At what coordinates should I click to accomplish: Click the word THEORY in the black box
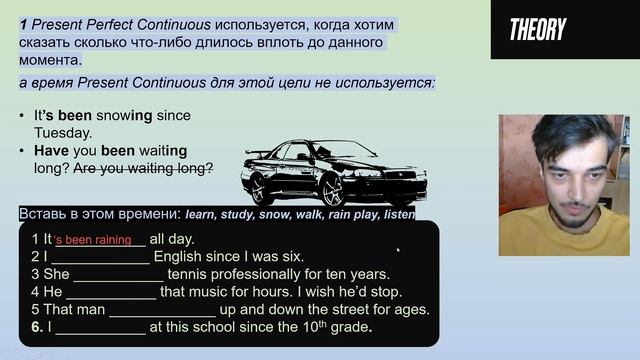click(x=538, y=30)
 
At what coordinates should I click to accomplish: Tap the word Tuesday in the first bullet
click(x=61, y=132)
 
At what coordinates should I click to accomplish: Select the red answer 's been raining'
click(x=93, y=240)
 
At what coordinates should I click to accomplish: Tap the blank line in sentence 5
click(x=161, y=311)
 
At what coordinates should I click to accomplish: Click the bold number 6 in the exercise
click(x=36, y=327)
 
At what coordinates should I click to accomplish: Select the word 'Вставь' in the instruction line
click(x=41, y=214)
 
